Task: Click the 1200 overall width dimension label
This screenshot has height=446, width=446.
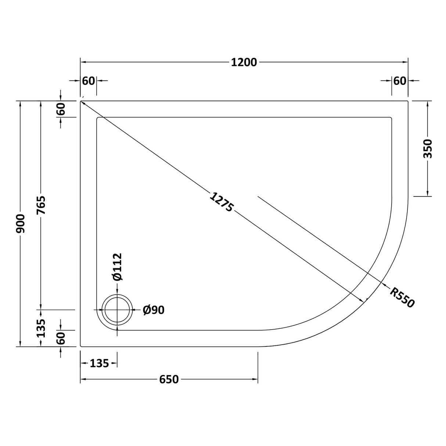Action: pos(244,62)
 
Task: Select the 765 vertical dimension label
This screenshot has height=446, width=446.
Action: pos(41,205)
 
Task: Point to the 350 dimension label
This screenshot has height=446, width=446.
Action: pos(428,148)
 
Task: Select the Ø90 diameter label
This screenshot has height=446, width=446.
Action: pos(154,310)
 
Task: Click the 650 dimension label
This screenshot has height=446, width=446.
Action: pos(169,379)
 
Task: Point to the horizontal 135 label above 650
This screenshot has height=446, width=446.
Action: pos(99,363)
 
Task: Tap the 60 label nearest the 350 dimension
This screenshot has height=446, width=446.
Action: pos(400,80)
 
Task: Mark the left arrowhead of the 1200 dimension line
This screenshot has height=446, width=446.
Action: pos(83,62)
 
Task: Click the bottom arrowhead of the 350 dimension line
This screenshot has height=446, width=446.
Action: pos(428,194)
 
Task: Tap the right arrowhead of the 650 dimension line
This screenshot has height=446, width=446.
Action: pos(255,379)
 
